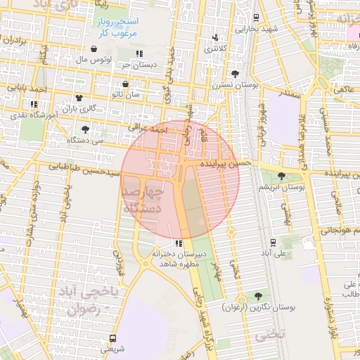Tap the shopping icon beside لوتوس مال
pyautogui.click(x=94, y=49)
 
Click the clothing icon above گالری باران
pyautogui.click(x=77, y=97)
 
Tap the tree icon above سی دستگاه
pyautogui.click(x=85, y=129)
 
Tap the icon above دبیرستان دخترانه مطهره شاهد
pyautogui.click(x=178, y=243)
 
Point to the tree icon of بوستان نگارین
pyautogui.click(x=258, y=296)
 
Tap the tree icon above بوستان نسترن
pyautogui.click(x=234, y=74)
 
